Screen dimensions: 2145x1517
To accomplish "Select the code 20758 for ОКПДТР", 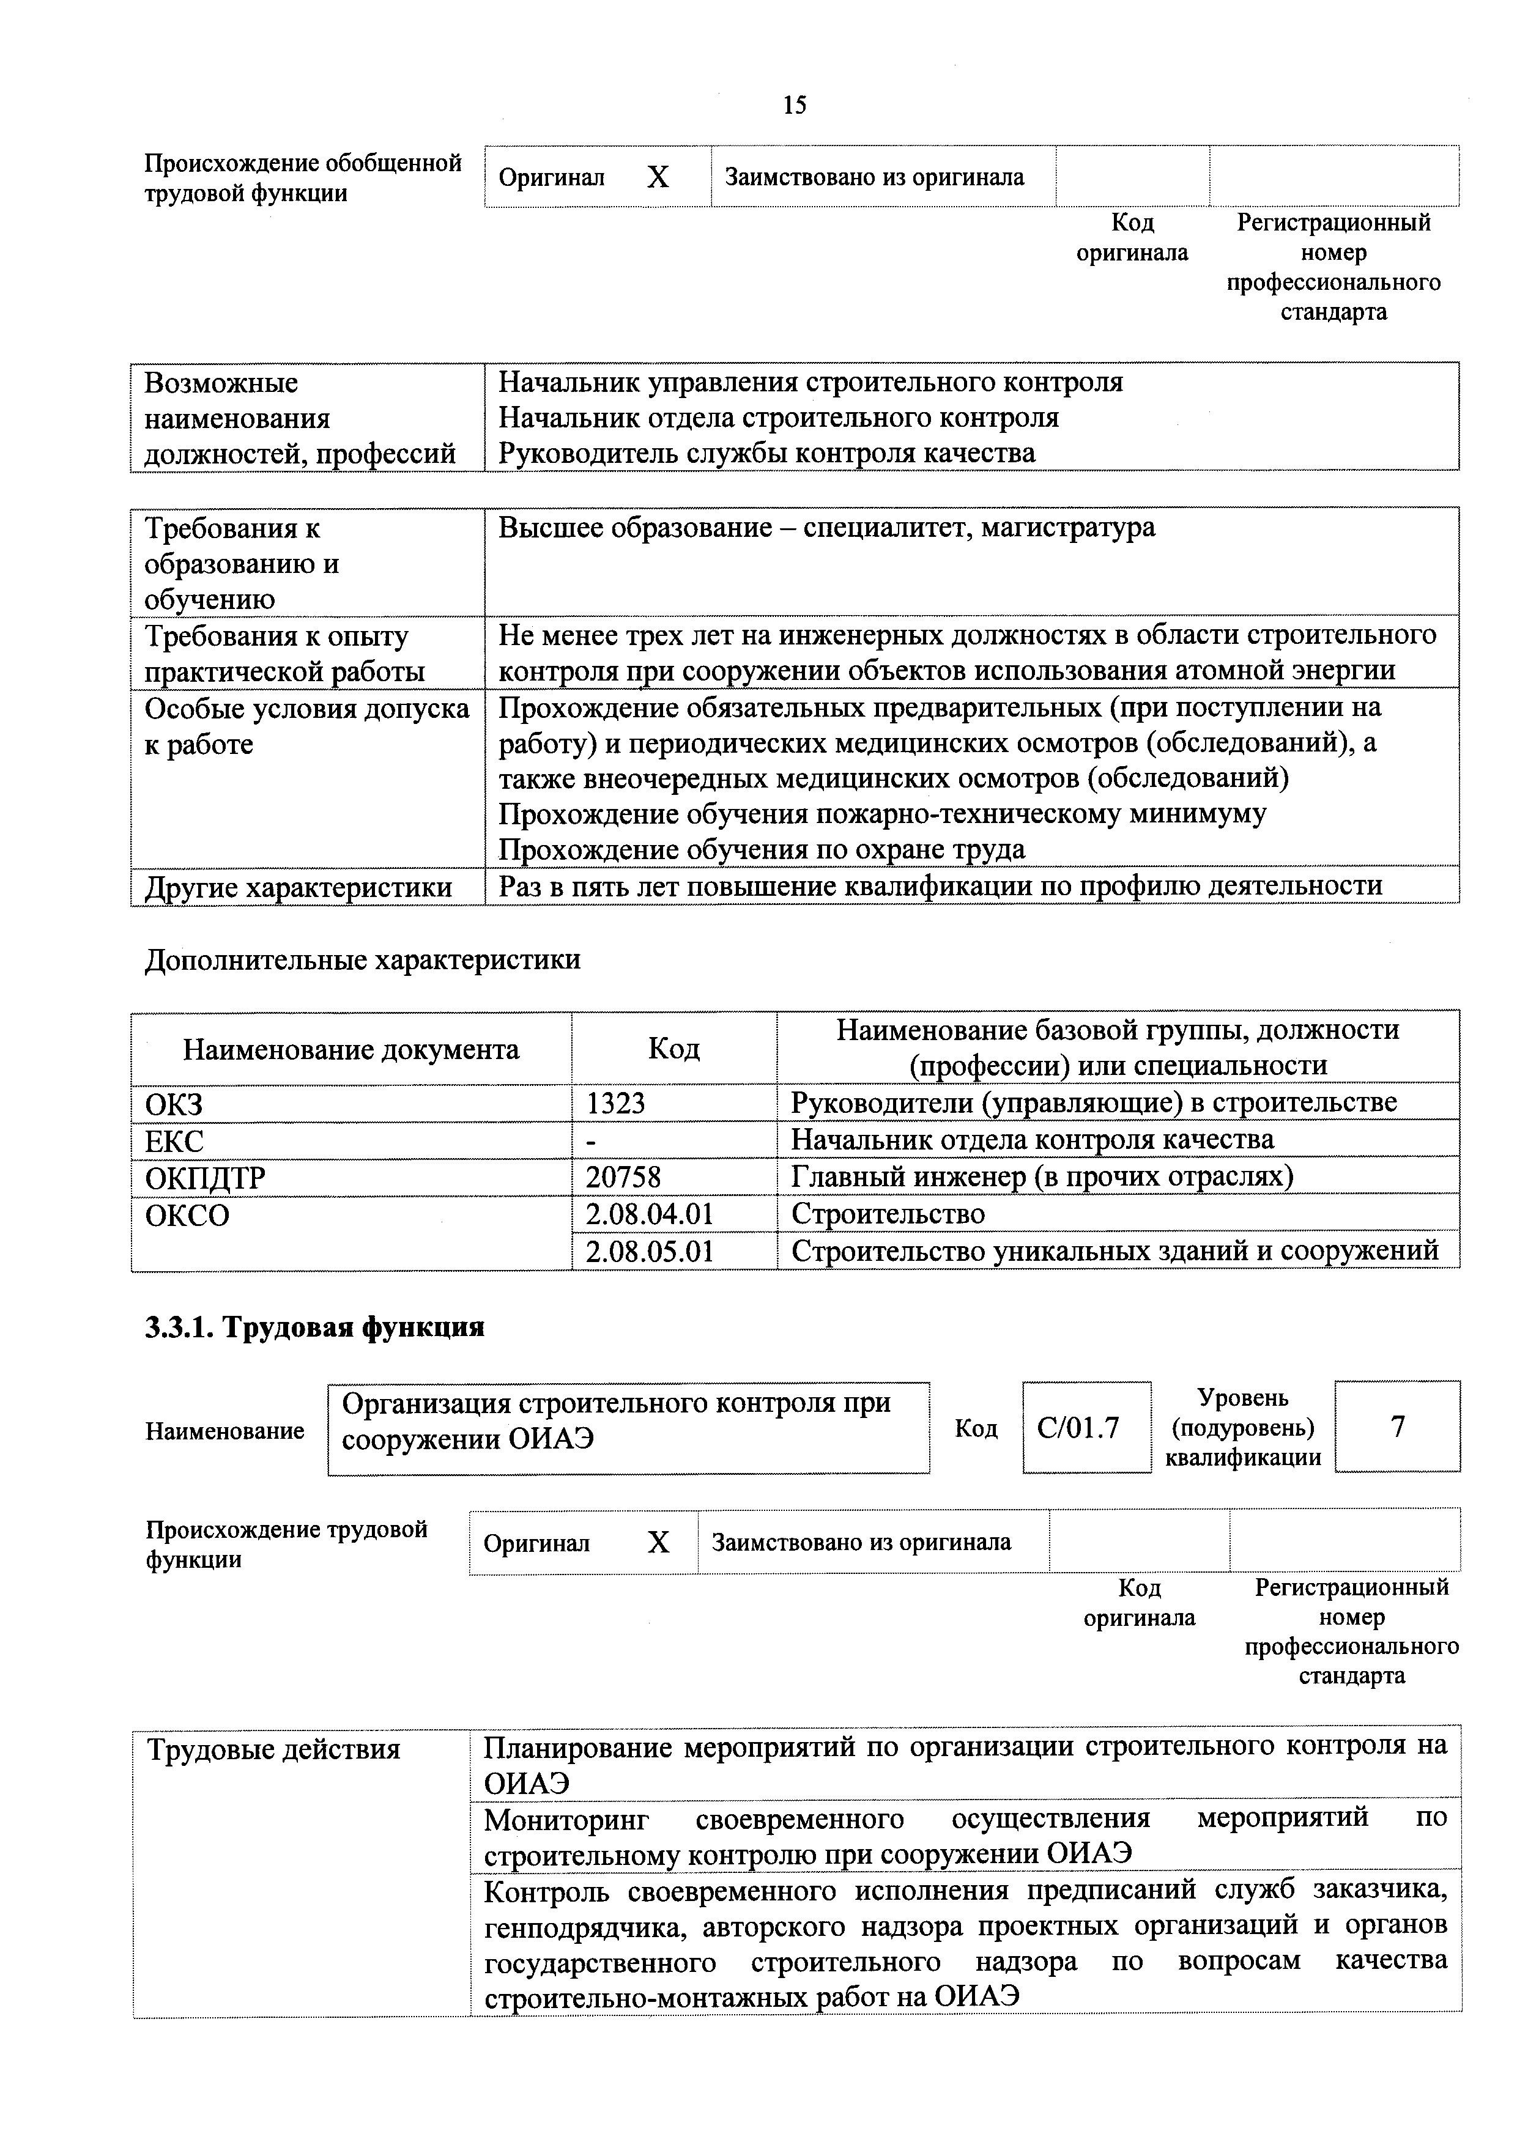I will point(623,1177).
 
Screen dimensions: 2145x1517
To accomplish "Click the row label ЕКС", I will point(174,1141).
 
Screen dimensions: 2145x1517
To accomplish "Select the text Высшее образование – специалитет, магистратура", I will point(826,528).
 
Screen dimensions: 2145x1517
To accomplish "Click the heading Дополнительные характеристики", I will point(363,959).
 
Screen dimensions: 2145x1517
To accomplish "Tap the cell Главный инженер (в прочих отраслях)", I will point(1041,1177).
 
